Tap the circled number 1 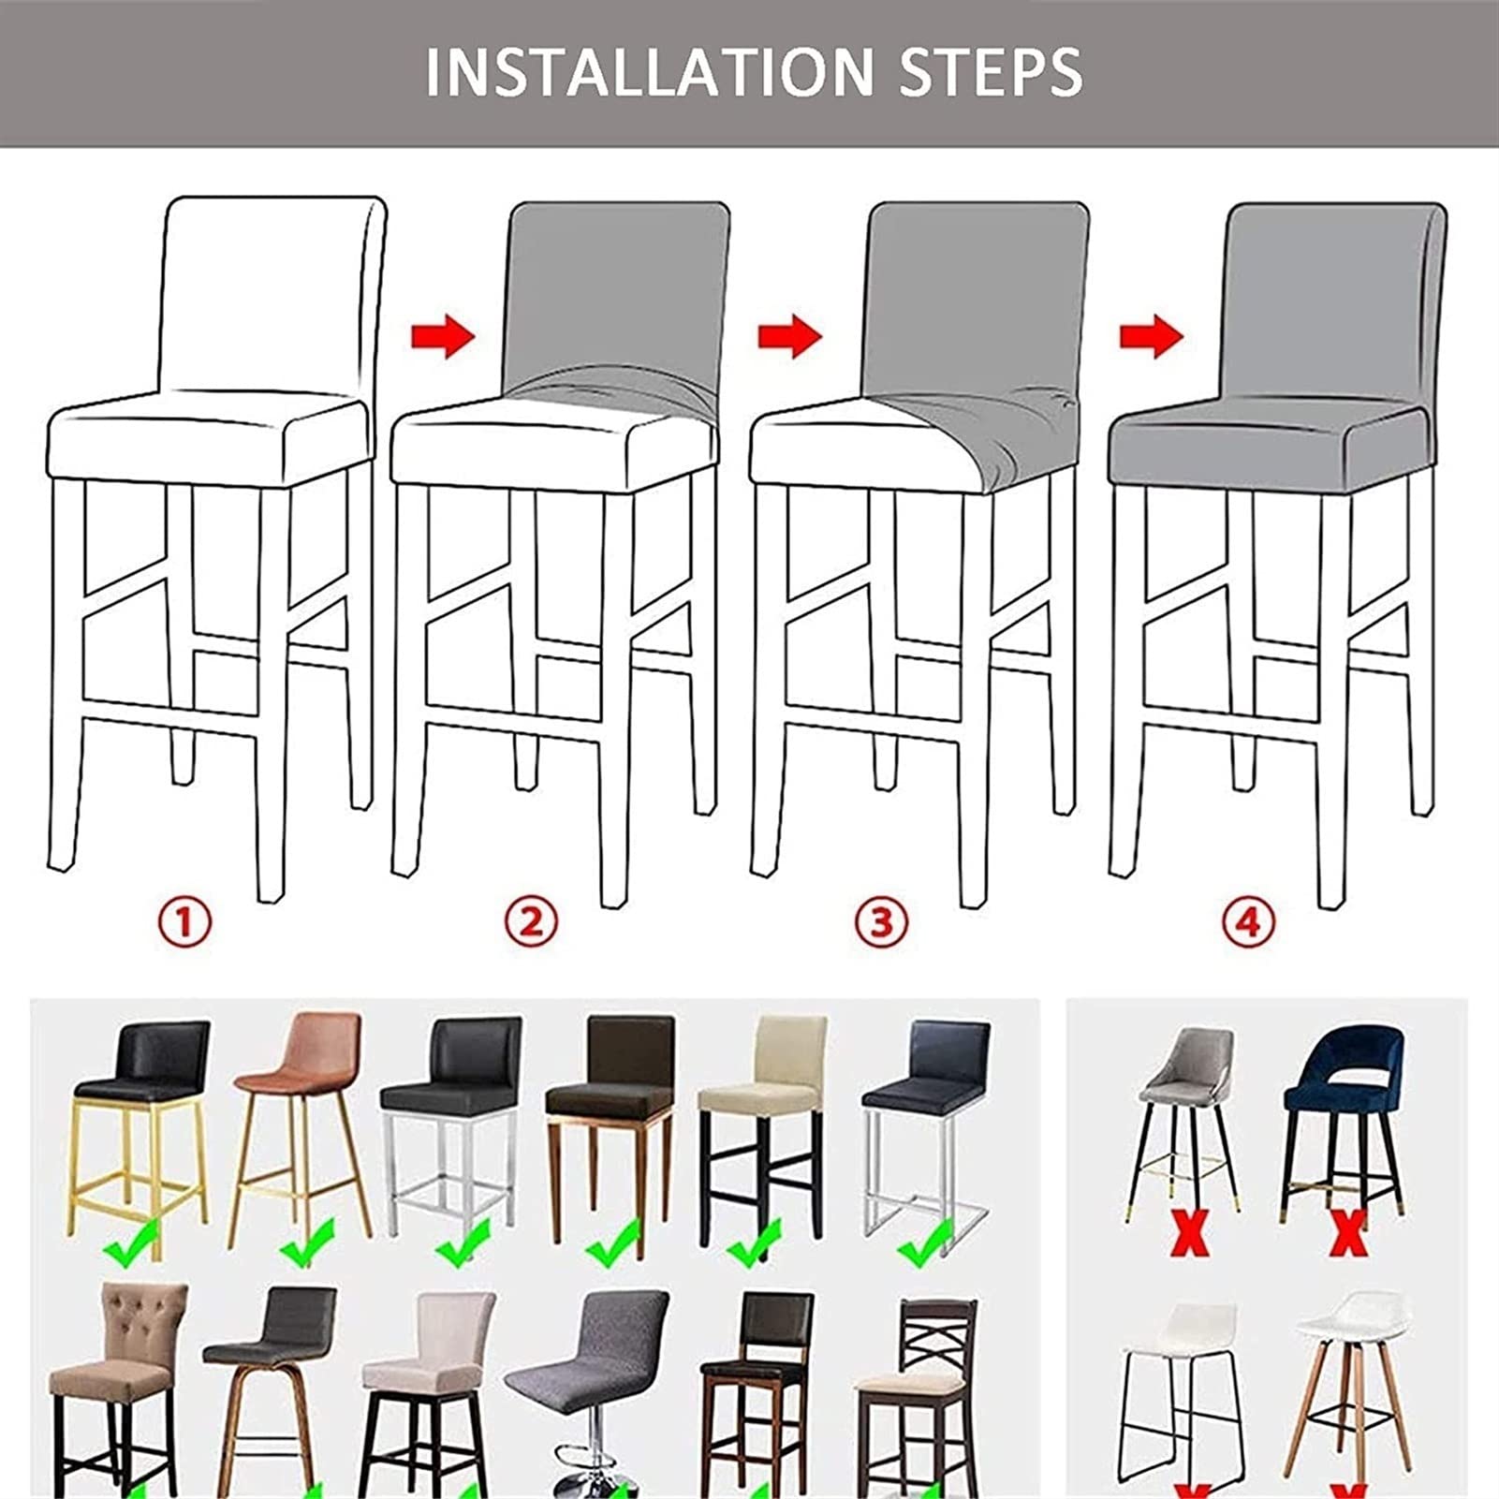point(184,922)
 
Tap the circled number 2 point(531,922)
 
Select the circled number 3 point(881,922)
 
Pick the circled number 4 point(1248,922)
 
